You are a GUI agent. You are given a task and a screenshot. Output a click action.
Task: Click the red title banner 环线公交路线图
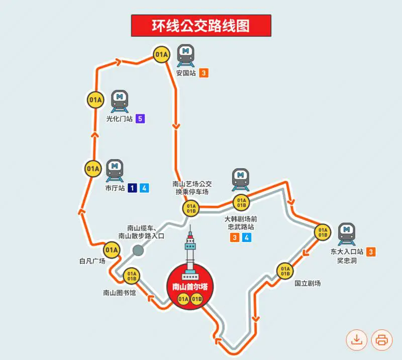coord(201,26)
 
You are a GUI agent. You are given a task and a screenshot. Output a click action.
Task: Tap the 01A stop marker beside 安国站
coord(161,54)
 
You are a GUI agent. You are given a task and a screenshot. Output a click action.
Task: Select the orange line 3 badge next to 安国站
coord(203,73)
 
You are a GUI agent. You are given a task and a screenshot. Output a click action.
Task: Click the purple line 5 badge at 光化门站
coord(140,119)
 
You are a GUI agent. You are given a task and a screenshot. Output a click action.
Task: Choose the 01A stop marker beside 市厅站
coord(93,169)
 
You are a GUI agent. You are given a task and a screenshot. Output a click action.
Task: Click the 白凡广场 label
coord(92,261)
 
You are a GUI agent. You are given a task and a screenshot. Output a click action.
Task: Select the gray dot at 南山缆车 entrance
coord(138,250)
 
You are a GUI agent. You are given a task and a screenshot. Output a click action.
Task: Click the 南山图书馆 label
coord(119,293)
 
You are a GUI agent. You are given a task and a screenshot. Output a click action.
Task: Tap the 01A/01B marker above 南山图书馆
coord(132,275)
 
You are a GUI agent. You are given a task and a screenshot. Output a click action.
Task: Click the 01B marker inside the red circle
coord(196,299)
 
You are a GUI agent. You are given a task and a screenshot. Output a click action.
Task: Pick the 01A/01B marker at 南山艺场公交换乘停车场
coord(190,208)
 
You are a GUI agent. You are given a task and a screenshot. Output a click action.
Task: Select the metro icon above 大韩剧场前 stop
coord(240,180)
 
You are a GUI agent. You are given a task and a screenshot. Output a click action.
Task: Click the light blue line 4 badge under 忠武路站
coord(246,237)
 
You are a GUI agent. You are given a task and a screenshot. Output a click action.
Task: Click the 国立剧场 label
coord(308,283)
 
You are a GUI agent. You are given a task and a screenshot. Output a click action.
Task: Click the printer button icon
coord(381,340)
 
